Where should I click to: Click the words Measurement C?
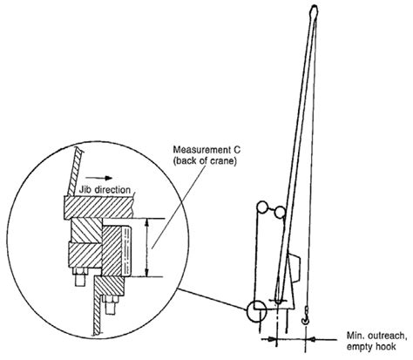206,150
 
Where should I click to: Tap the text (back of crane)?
205,160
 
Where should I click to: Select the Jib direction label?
105,190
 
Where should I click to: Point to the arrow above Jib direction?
98,178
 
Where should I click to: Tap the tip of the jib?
314,6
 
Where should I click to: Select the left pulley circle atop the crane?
263,207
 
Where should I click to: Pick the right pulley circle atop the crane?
281,212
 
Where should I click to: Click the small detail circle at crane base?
256,311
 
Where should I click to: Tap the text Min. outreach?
376,336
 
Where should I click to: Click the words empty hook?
371,347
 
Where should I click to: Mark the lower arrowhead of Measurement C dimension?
147,273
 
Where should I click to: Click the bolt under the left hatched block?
80,276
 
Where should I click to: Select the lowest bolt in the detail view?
110,305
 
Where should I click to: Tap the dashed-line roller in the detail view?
127,251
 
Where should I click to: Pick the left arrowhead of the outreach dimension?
272,339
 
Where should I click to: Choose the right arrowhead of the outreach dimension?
311,339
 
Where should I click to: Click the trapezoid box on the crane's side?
295,268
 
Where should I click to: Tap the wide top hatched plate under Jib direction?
98,207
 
